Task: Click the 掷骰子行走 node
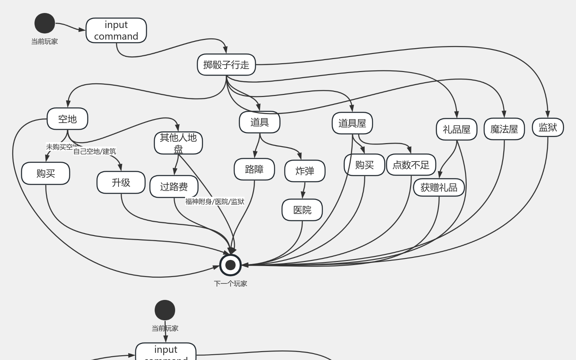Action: coord(226,65)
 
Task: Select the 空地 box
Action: coord(67,119)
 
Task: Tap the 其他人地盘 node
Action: coord(178,143)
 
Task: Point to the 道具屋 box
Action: coord(352,123)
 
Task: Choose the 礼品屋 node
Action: coord(456,129)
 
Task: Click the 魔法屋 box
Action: coord(504,129)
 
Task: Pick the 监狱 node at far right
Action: coord(548,127)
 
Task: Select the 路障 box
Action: coord(254,169)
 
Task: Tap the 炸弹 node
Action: coord(305,171)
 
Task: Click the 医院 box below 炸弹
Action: coord(302,210)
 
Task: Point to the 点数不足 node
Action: coord(411,165)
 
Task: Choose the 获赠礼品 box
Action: coord(439,187)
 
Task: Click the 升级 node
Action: coord(121,182)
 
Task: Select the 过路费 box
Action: coord(174,186)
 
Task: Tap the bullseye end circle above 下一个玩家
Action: coord(230,265)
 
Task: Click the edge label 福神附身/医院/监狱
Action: coord(215,202)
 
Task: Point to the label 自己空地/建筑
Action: coord(95,151)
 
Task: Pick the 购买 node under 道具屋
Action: coord(364,165)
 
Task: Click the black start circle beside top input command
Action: coord(45,23)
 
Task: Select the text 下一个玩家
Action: coord(230,283)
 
